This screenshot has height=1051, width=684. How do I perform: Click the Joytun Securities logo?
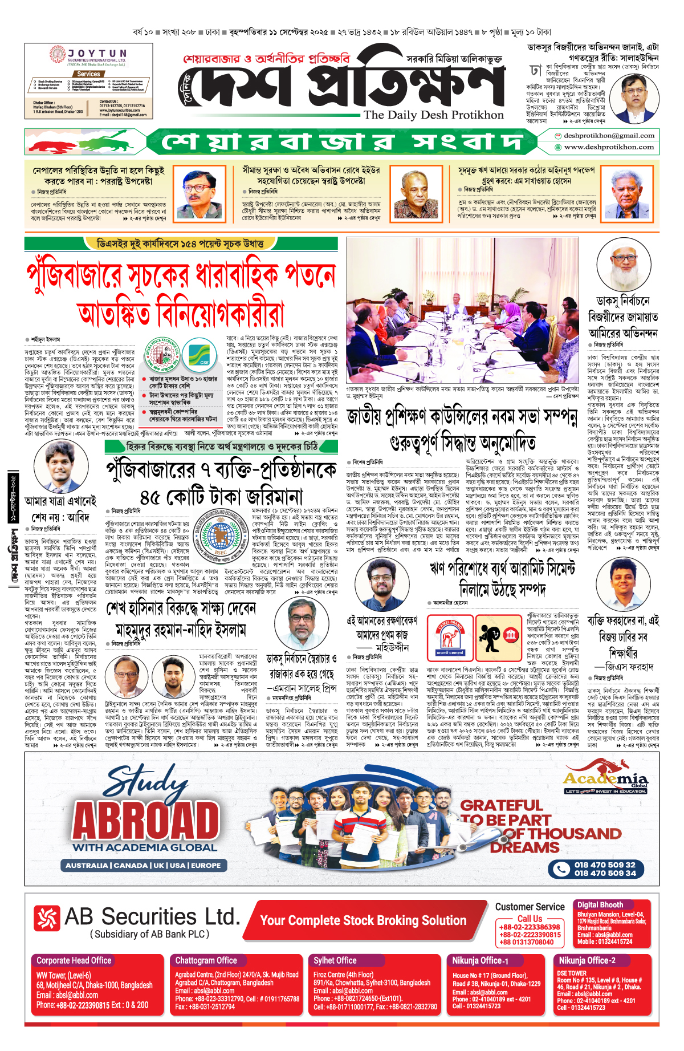pos(89,58)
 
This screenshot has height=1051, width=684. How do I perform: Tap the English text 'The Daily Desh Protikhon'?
pos(434,115)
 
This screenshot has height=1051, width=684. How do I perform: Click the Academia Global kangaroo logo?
pos(605,781)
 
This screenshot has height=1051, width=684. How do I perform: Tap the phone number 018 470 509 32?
pos(605,865)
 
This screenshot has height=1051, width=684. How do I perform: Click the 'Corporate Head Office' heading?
pos(74,960)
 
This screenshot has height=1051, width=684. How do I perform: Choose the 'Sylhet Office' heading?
pos(335,960)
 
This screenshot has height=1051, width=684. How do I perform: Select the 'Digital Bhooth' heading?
pos(600,904)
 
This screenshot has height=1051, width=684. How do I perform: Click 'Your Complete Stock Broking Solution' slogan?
pos(363,920)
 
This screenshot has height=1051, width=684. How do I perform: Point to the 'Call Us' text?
pos(530,919)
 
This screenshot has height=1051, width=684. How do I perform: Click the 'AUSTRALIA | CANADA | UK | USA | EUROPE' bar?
pos(143,865)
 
